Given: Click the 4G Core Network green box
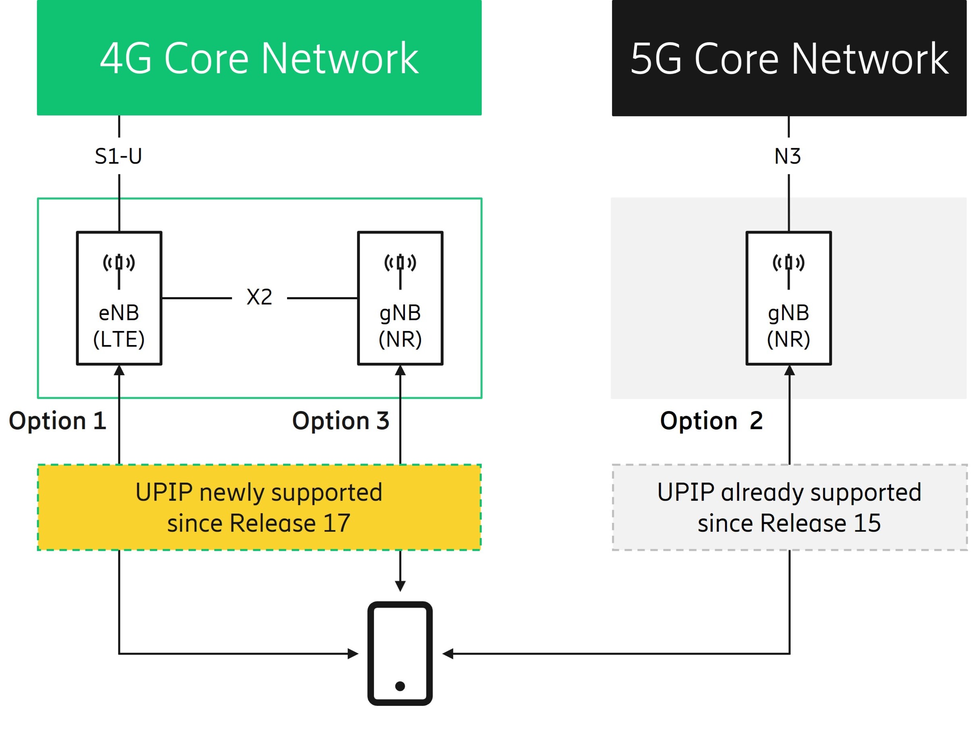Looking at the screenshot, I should coord(259,58).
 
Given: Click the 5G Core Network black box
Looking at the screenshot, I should coord(789,58).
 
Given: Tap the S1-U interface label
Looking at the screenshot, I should coord(118,156).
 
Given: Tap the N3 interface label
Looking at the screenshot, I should coord(788,156).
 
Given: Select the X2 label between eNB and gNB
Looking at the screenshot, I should coord(259,297).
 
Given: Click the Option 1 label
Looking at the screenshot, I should coord(57,420).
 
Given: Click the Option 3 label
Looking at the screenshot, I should coord(341,420).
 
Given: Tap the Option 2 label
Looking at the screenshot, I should coord(711,420).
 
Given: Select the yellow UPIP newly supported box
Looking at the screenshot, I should coord(259,507).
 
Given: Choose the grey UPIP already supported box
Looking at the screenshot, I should coord(789,507).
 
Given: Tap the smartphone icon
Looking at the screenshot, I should coord(400,653).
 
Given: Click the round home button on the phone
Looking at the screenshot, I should coord(400,686).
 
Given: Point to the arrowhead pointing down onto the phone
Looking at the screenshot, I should coord(400,586).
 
